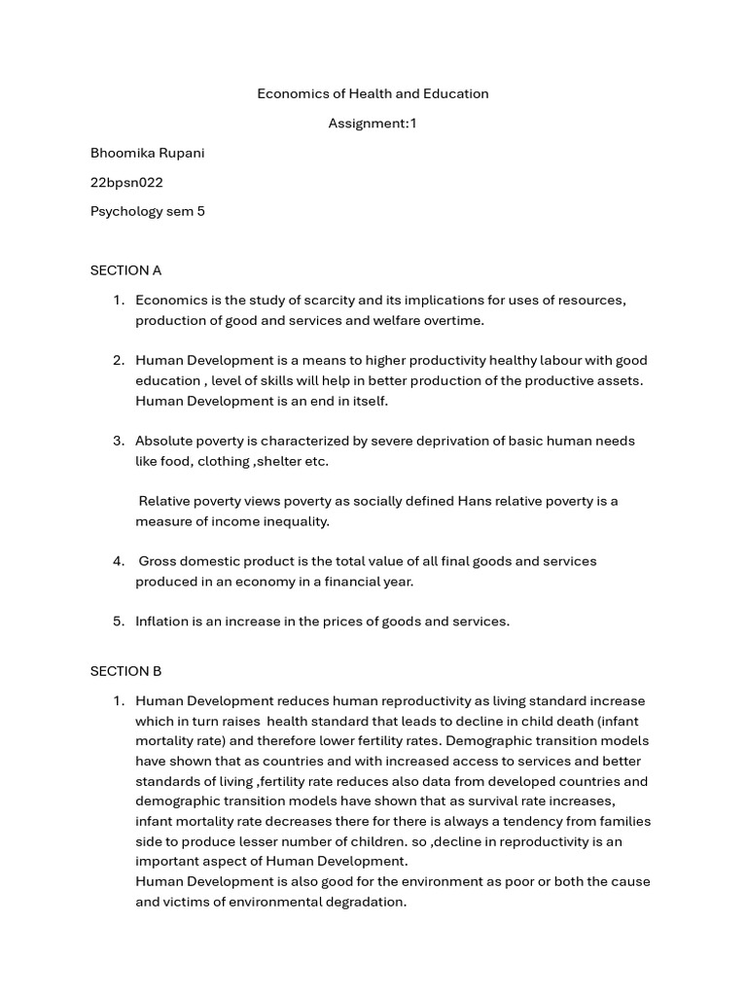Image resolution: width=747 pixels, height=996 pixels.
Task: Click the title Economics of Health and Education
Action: pos(373,93)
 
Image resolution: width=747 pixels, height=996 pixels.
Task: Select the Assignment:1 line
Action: pos(373,124)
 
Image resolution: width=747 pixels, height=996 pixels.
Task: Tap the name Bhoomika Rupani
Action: pos(148,154)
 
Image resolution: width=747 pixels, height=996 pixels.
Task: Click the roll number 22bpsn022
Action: pos(126,182)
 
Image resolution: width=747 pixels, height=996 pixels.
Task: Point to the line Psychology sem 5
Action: pos(148,211)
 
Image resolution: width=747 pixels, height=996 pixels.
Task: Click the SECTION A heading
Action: pos(125,270)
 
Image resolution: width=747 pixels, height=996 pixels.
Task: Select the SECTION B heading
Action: pos(125,671)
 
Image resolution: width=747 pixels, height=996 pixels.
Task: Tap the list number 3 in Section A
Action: pos(118,441)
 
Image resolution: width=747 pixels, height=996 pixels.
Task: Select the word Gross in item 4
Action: pos(159,561)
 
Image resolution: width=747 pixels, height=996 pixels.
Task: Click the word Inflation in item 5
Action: pos(162,621)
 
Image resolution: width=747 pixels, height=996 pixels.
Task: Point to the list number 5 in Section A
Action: pos(118,621)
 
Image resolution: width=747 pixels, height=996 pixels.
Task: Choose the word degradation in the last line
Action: pos(364,902)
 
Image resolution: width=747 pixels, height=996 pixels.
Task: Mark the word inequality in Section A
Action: pos(292,521)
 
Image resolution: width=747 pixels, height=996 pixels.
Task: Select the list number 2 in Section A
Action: pos(118,360)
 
